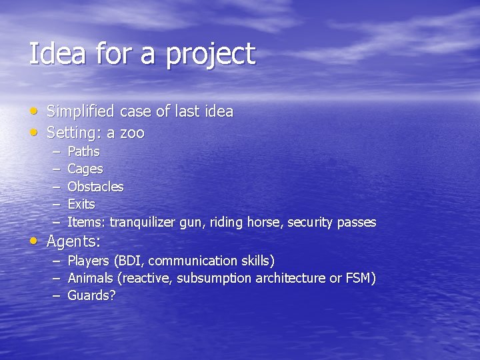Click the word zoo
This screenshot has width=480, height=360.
tap(131, 133)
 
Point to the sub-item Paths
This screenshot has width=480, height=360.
tap(83, 151)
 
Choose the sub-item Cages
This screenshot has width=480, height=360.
tap(85, 169)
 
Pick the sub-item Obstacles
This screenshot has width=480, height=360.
tap(95, 187)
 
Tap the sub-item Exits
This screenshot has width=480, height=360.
tap(81, 204)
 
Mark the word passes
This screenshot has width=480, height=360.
tap(357, 222)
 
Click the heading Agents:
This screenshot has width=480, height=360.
tap(73, 241)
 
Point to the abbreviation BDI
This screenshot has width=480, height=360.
tap(129, 261)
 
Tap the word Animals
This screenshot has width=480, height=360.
tap(90, 278)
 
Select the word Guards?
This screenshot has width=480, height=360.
tap(91, 295)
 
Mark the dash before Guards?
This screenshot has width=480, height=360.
tap(57, 295)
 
